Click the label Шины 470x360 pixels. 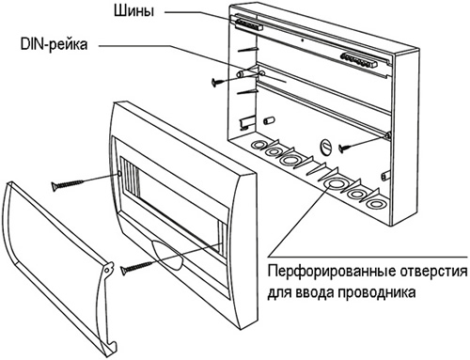tap(133, 12)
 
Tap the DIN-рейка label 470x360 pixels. tap(54, 45)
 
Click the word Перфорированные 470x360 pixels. tap(331, 271)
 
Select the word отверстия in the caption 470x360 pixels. tap(433, 272)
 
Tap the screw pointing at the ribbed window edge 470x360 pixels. tap(67, 185)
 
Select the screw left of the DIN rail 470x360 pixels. tap(222, 82)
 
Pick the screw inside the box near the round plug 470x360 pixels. tap(348, 147)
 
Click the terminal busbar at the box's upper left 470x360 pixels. tap(248, 24)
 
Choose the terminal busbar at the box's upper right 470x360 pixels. tap(359, 59)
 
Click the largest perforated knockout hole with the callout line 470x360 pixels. tap(333, 184)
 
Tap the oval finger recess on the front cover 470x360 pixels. tap(167, 255)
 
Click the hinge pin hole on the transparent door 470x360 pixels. tap(107, 270)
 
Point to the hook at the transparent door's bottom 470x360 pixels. tap(114, 345)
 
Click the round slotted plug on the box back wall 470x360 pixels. tap(326, 147)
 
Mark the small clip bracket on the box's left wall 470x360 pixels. tap(246, 123)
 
